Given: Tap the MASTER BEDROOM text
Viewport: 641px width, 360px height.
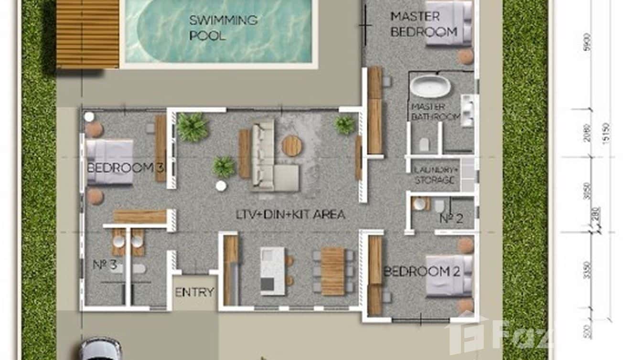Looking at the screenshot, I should [423, 24].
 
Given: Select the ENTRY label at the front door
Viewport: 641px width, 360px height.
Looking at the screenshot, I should [194, 292].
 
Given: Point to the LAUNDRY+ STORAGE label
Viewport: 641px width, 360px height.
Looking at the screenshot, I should [434, 175].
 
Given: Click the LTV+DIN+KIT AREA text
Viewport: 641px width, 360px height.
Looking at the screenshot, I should [290, 214].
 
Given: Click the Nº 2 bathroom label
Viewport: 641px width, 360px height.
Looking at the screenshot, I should [451, 219].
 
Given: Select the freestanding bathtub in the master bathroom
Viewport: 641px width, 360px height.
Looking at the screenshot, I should [430, 86].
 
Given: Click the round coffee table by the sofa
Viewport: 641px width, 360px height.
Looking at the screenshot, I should [291, 146].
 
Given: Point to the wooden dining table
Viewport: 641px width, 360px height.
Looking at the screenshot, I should [332, 271].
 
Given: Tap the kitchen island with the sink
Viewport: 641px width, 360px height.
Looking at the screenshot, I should [272, 271].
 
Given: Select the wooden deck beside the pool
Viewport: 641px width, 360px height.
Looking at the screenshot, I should [87, 33].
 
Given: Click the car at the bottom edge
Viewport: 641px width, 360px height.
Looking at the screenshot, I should [100, 349].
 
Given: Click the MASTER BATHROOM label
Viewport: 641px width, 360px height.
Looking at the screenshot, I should [435, 111].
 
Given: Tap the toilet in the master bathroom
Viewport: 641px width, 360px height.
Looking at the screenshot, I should [424, 144].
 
